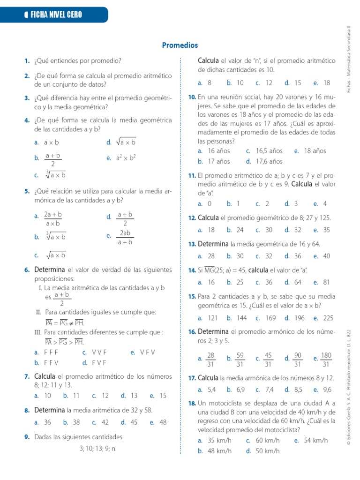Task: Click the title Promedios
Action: (x=180, y=45)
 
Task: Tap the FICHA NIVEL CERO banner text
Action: (x=56, y=15)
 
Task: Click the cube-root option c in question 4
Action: (x=56, y=175)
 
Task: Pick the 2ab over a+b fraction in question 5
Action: (x=125, y=238)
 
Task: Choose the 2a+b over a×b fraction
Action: (x=53, y=219)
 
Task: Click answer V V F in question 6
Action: (x=99, y=352)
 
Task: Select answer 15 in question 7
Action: (x=163, y=396)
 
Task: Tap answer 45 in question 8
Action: (x=134, y=422)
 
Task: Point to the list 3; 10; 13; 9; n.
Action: (x=98, y=449)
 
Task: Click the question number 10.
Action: (x=192, y=97)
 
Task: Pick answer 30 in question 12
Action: (x=269, y=230)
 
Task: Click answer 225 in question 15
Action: (x=329, y=318)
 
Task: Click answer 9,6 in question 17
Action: (x=327, y=390)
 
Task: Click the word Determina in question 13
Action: (x=213, y=244)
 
